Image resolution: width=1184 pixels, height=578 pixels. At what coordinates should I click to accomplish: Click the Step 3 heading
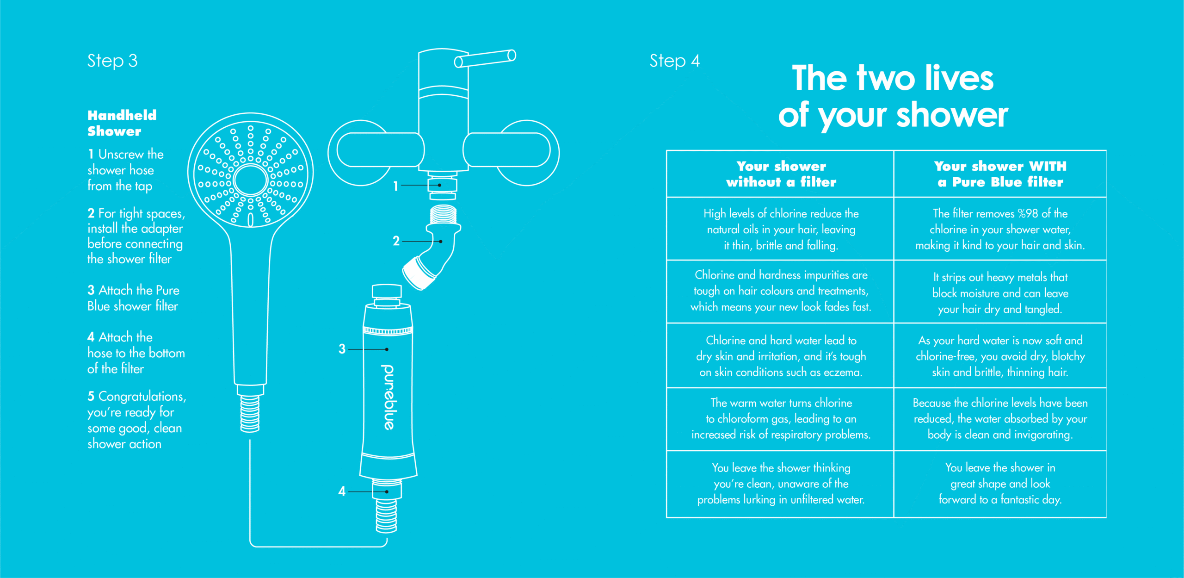[112, 61]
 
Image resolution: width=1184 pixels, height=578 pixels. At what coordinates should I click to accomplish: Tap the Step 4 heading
[674, 61]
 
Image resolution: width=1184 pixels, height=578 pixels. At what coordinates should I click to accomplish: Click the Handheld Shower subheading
[122, 123]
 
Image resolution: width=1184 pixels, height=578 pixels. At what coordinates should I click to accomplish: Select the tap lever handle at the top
[485, 58]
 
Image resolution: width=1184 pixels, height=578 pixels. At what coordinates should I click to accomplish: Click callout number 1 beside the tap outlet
[395, 186]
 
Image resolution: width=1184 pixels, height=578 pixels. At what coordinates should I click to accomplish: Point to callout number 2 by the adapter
[396, 241]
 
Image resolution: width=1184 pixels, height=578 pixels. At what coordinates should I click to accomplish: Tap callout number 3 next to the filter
[342, 349]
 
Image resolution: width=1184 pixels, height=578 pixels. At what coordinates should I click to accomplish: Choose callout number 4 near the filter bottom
[342, 491]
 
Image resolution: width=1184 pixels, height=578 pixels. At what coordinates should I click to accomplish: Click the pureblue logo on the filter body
[388, 397]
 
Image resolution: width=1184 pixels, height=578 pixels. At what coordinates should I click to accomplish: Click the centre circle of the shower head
[251, 180]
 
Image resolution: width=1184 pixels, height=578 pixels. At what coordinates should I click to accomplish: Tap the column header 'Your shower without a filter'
[781, 174]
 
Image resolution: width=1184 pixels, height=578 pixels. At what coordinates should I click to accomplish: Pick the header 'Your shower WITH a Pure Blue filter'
[1000, 174]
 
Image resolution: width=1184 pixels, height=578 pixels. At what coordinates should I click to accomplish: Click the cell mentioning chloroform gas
[781, 419]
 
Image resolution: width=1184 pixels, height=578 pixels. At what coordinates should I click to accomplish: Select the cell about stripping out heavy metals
[1000, 293]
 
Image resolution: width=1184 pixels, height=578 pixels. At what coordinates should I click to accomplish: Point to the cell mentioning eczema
[781, 356]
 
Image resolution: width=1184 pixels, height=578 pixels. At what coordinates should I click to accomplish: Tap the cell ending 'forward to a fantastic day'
[1000, 484]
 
